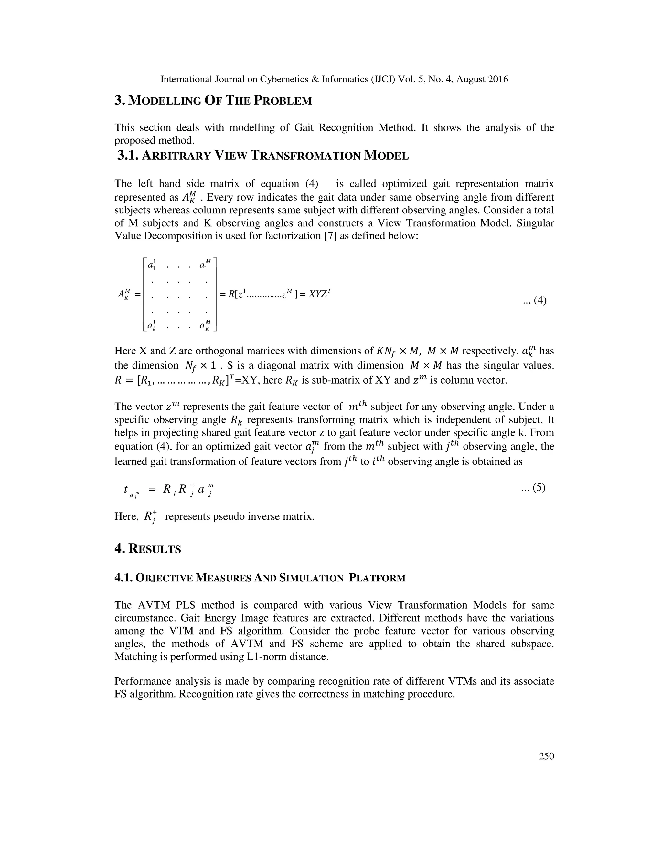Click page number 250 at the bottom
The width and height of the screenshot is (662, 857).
tap(546, 756)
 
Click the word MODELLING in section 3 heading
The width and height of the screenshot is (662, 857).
tap(165, 101)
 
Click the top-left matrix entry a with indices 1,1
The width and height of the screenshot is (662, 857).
tap(151, 265)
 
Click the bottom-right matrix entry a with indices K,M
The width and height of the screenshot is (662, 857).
tap(204, 325)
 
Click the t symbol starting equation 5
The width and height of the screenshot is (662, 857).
tap(125, 489)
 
